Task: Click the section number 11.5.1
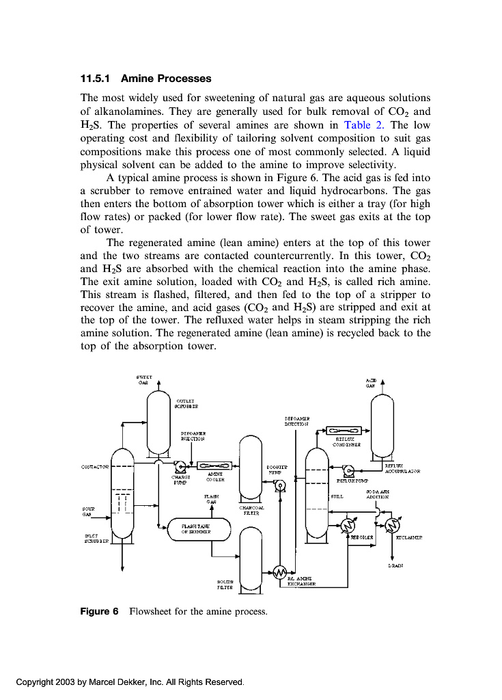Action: coord(96,79)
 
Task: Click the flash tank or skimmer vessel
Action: coord(199,529)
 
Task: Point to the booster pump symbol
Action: coord(279,485)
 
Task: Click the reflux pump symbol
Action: coord(347,470)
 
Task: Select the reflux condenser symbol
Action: coord(339,431)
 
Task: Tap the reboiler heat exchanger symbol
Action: coord(347,525)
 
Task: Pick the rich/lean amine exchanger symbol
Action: coord(279,572)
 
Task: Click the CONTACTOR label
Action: coord(96,467)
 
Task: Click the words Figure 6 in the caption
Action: coord(95,611)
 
